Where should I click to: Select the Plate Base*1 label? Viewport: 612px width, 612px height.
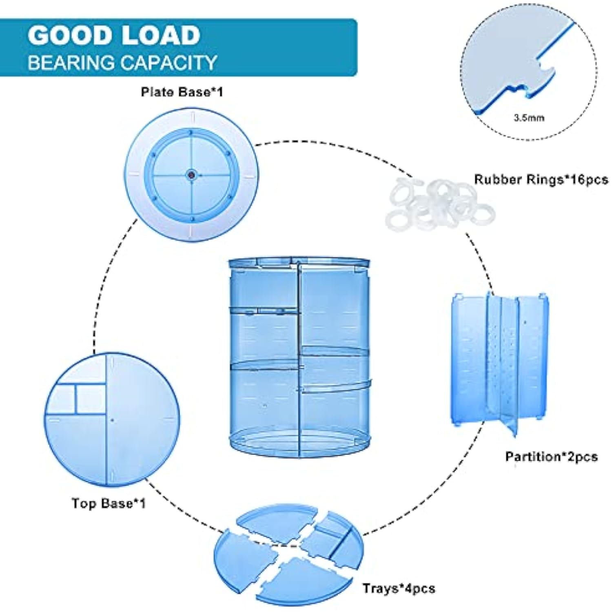tap(182, 92)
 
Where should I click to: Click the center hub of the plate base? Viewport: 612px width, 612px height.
tap(191, 175)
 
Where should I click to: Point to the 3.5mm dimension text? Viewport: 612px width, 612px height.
tap(529, 118)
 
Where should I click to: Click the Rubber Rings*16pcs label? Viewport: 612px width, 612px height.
tap(541, 180)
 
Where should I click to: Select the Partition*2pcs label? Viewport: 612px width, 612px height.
tap(551, 457)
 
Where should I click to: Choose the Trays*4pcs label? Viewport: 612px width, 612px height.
tap(399, 588)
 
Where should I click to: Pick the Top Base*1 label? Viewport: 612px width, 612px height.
tap(109, 503)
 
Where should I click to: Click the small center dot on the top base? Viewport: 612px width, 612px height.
tap(112, 420)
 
